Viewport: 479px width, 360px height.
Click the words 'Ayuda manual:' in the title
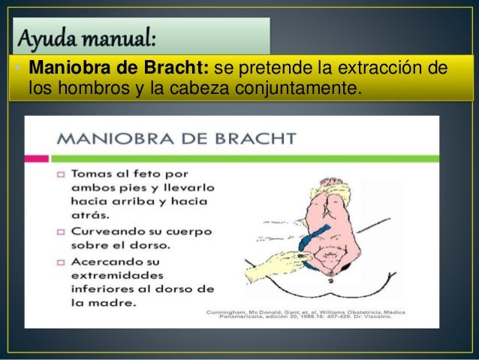(86, 36)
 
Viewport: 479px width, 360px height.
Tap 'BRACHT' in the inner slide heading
(258, 139)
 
